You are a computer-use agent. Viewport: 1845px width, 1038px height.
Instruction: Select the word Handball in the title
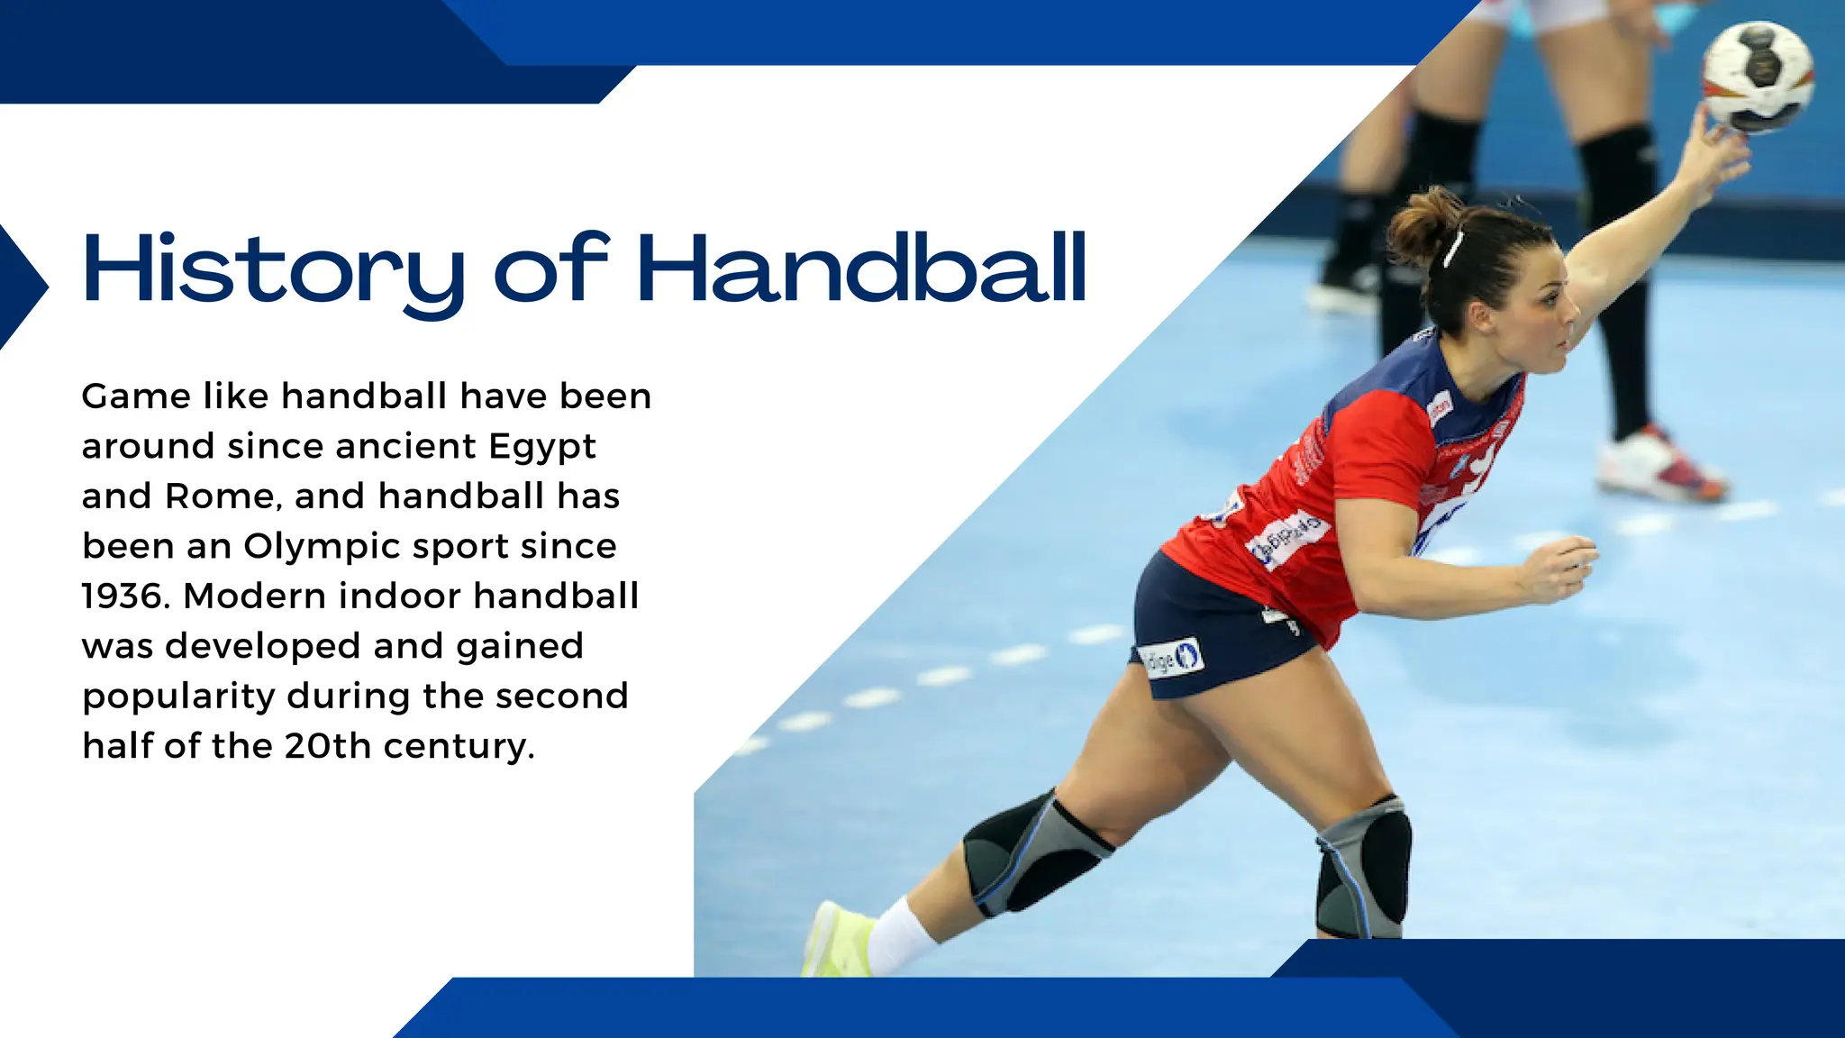862,269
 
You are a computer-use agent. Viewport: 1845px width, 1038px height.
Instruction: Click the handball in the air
1757,77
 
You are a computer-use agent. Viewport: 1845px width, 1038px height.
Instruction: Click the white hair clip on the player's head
1452,249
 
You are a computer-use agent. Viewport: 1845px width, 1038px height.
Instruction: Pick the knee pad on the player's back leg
1036,851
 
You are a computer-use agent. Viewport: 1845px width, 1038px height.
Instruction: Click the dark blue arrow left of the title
22,287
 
